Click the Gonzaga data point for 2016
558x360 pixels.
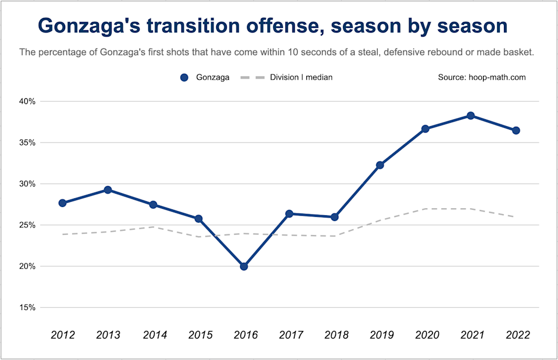(x=244, y=266)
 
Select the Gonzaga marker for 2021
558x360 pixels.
(x=471, y=116)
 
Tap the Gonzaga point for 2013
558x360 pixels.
(x=108, y=190)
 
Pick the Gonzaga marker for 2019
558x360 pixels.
(x=380, y=165)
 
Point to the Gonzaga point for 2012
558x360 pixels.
(x=63, y=203)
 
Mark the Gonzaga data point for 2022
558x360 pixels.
(x=516, y=130)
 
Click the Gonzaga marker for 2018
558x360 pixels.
(x=335, y=217)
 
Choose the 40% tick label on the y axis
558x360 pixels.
(x=27, y=101)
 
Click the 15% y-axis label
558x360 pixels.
(x=27, y=308)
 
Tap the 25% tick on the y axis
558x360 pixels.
(x=27, y=225)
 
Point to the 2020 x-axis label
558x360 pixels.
(x=425, y=335)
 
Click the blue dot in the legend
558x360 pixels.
(x=185, y=77)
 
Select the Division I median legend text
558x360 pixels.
(x=301, y=77)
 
